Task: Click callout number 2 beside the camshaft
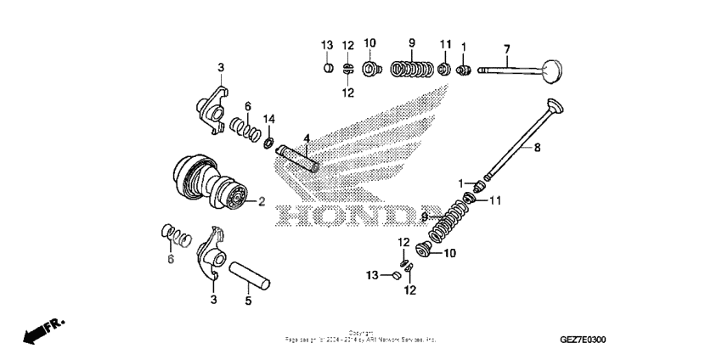pos(262,201)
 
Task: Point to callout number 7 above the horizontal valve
pos(506,47)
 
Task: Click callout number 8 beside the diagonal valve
pos(537,148)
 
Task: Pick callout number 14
pos(269,118)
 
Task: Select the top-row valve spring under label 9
pos(412,68)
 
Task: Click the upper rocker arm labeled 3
pos(212,107)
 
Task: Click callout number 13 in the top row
pos(327,44)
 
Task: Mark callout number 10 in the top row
pos(369,44)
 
